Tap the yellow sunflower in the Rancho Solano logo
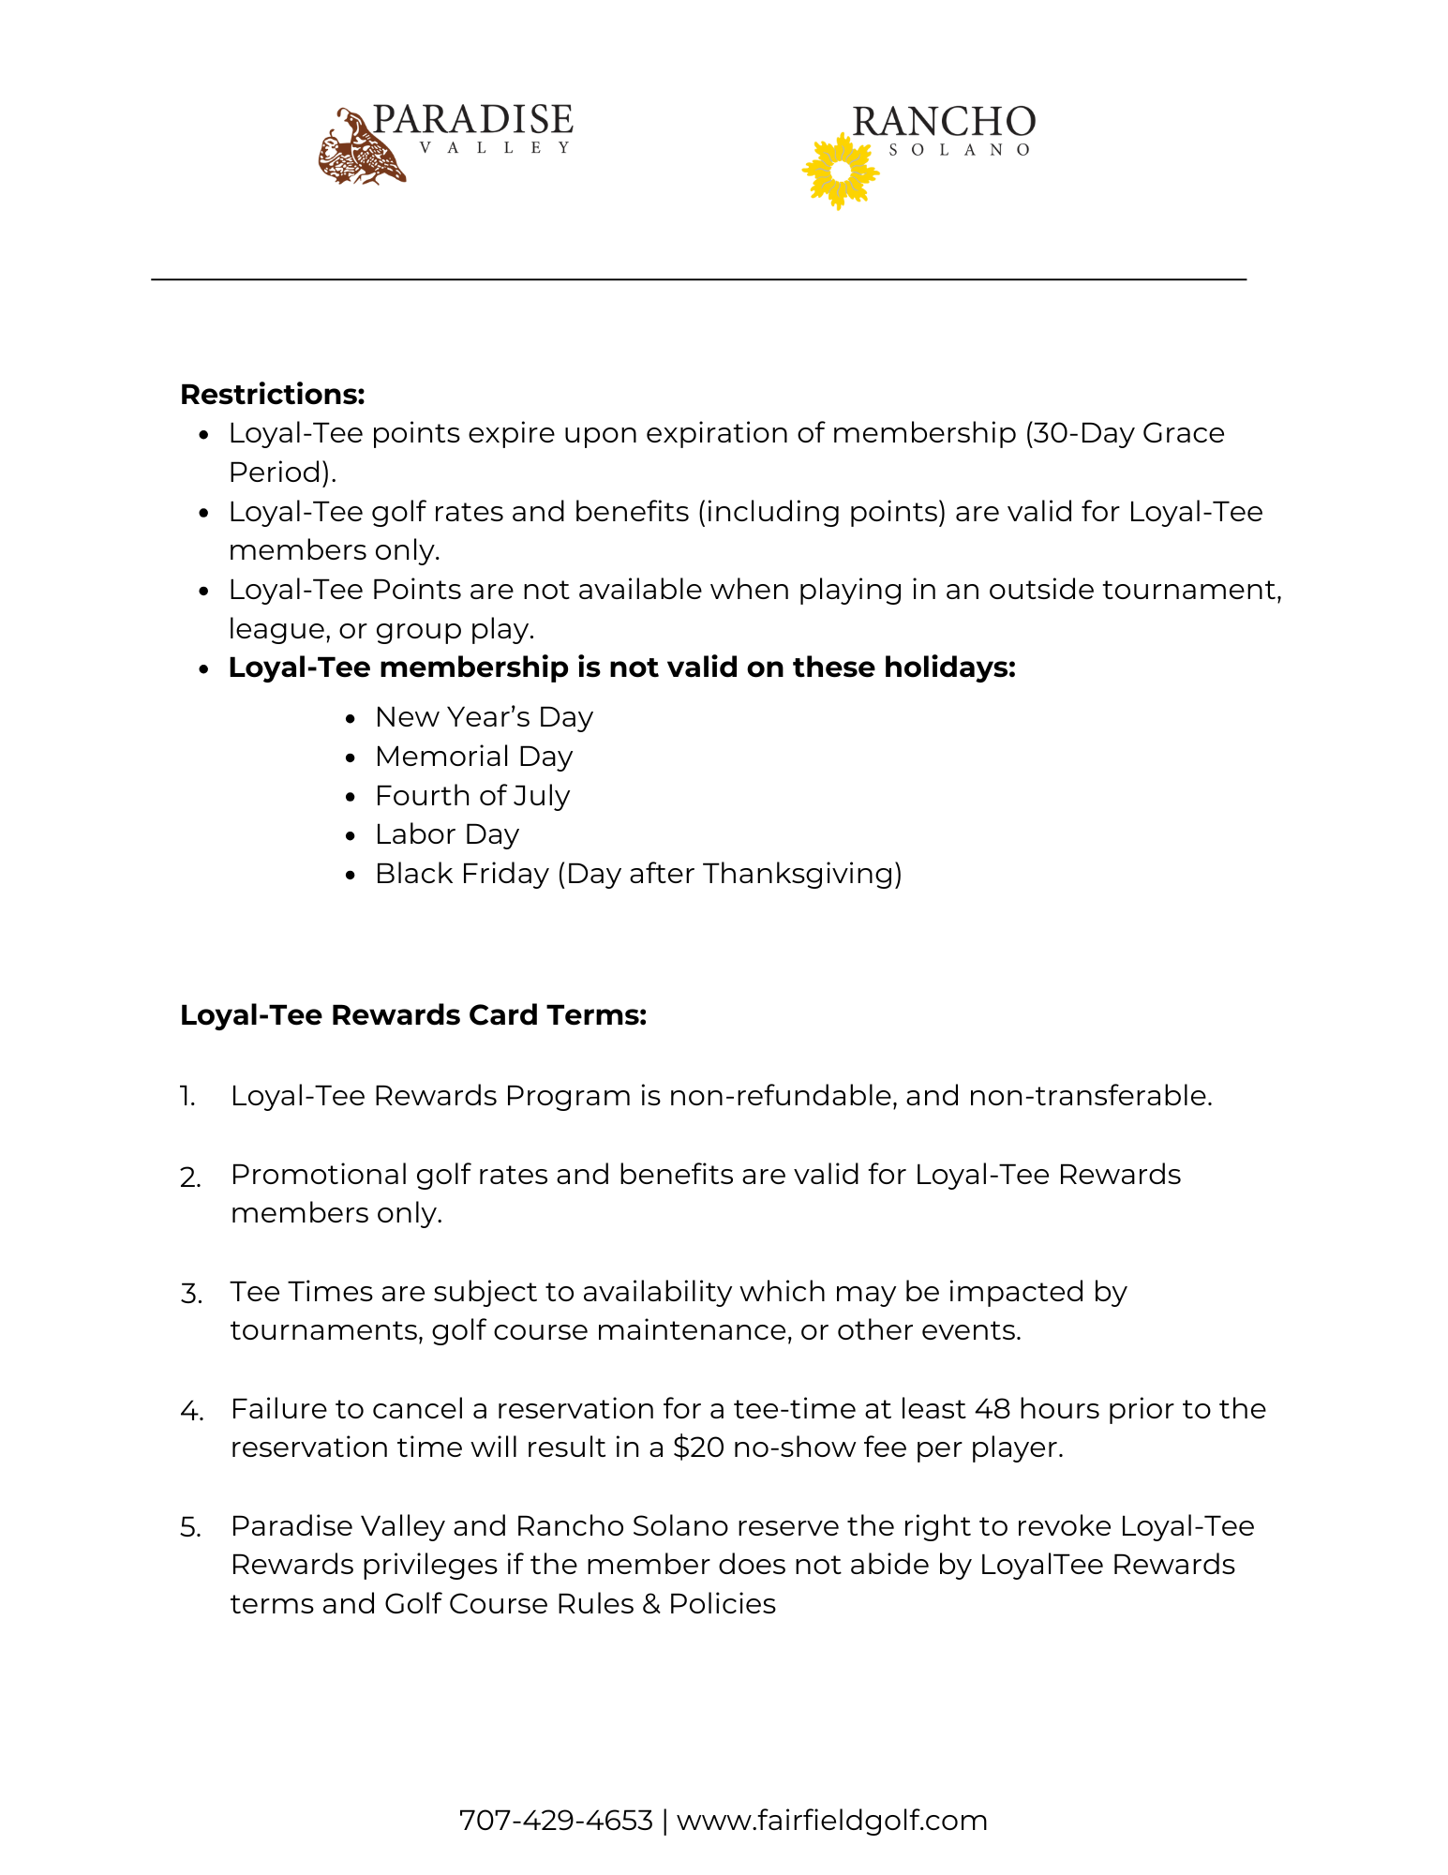840,172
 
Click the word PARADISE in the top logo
472,121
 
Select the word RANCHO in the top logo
943,123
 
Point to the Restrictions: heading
272,395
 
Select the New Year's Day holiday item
484,717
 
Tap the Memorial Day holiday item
473,757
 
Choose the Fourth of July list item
472,796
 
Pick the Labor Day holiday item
447,834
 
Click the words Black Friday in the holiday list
461,874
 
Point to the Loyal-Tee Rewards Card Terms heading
413,1015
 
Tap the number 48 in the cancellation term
993,1409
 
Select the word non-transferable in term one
1090,1096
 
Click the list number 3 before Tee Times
190,1294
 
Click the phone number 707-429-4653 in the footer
555,1821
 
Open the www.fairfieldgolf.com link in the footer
832,1821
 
